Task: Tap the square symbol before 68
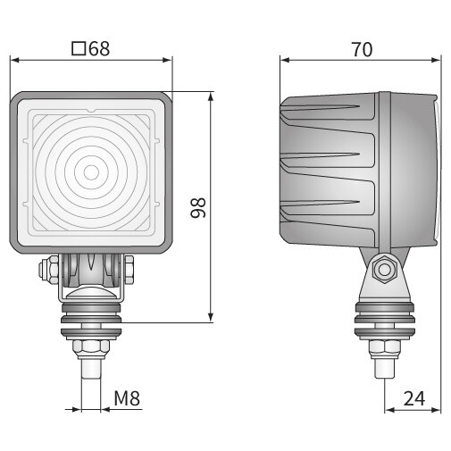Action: (x=78, y=48)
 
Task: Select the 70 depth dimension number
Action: (x=361, y=49)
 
